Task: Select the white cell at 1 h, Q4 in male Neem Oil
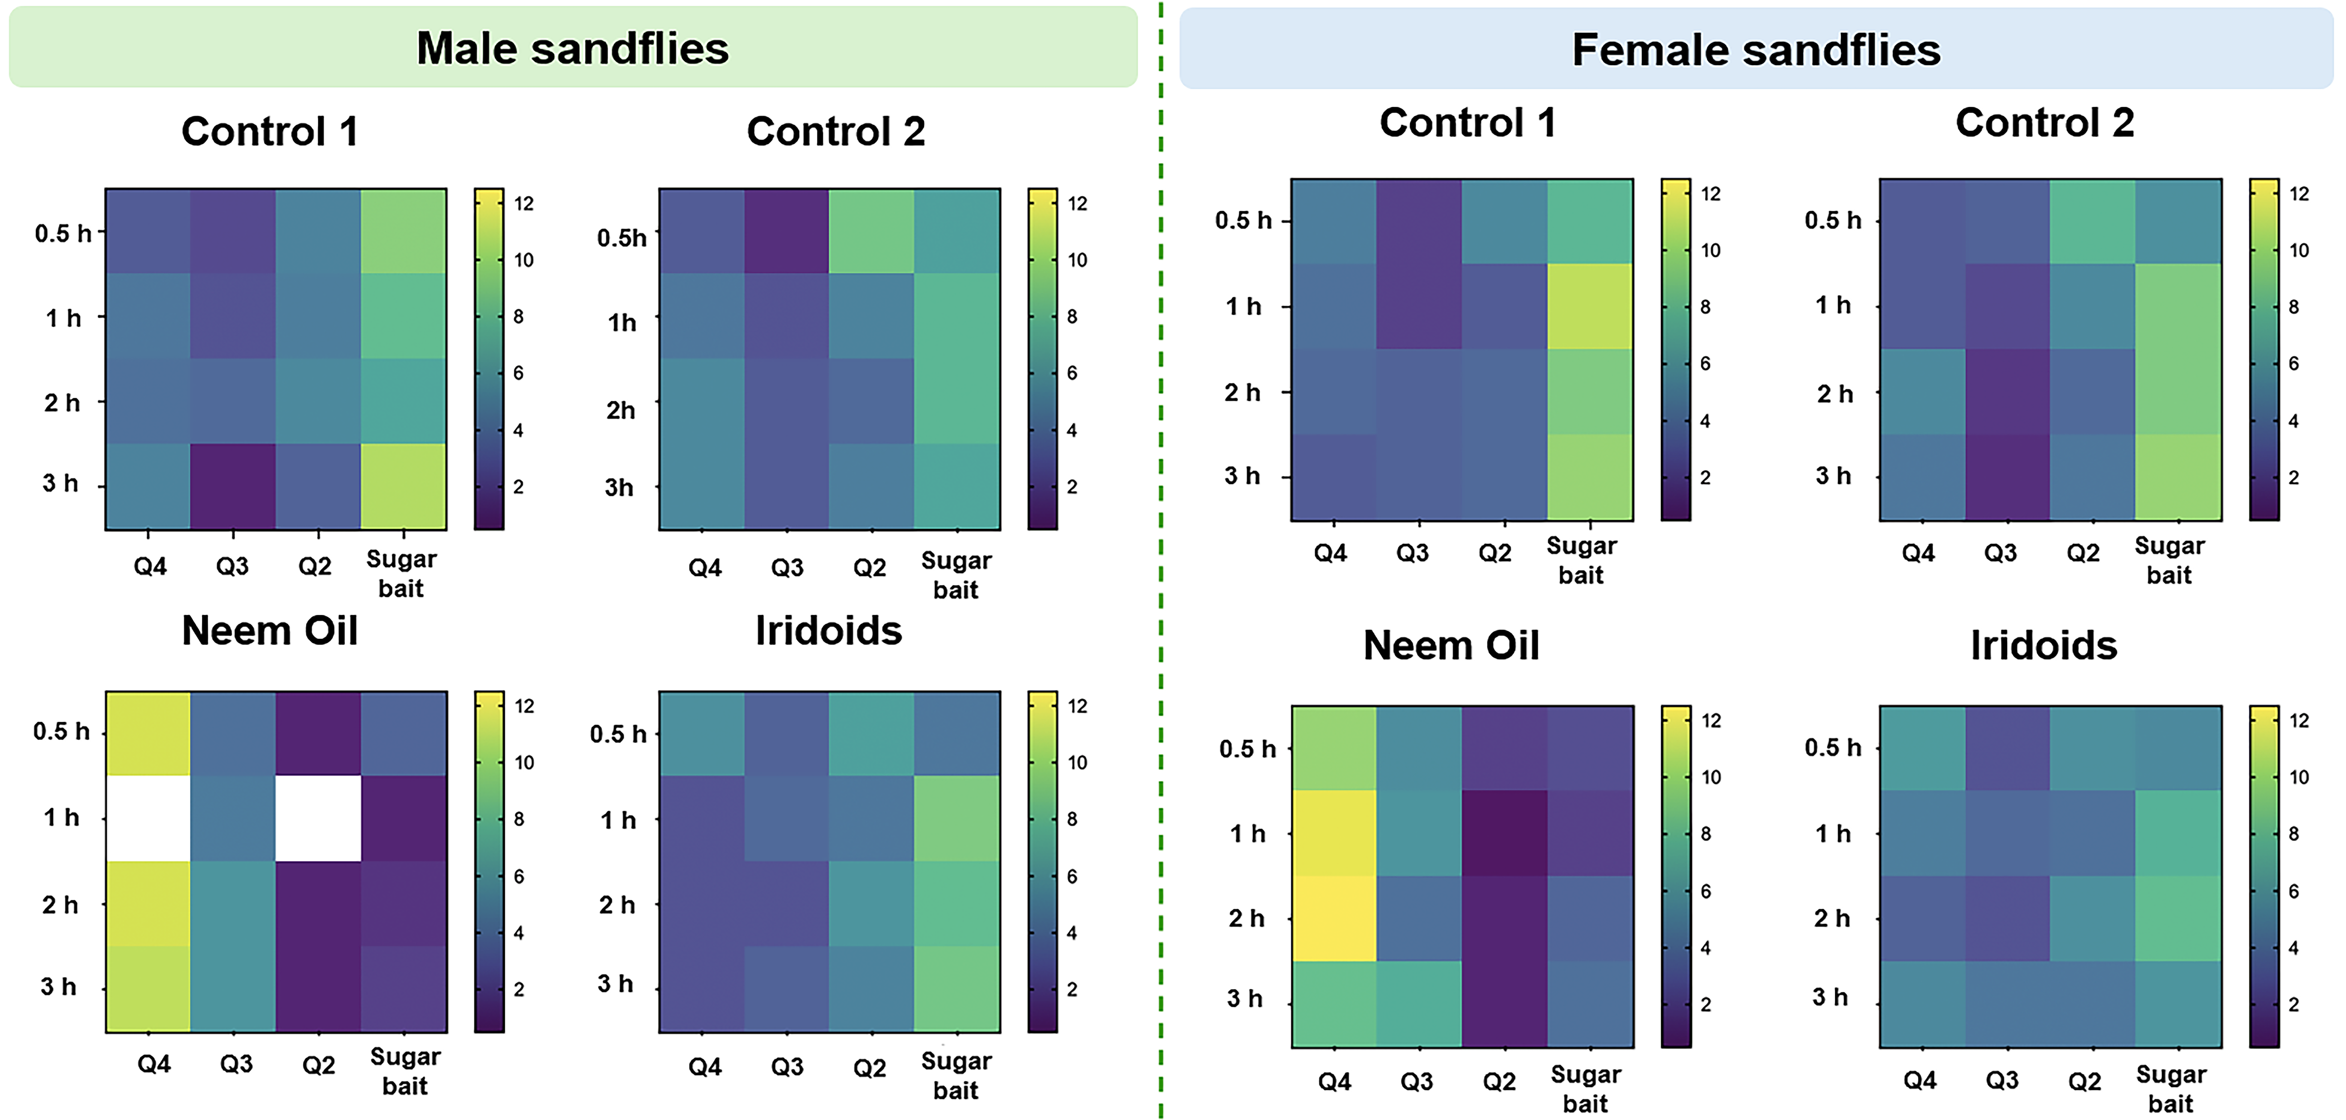click(x=148, y=818)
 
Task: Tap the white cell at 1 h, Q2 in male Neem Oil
click(x=318, y=818)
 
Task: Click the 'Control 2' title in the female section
click(x=2045, y=123)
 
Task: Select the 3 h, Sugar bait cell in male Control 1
click(x=403, y=485)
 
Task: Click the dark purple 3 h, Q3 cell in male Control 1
click(x=233, y=485)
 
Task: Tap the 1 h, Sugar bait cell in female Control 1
click(x=1590, y=306)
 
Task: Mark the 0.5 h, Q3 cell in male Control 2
click(x=786, y=231)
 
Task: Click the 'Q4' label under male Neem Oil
click(x=154, y=1063)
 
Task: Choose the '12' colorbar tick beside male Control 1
click(x=524, y=203)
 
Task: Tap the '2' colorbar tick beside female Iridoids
click(x=2293, y=1004)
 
